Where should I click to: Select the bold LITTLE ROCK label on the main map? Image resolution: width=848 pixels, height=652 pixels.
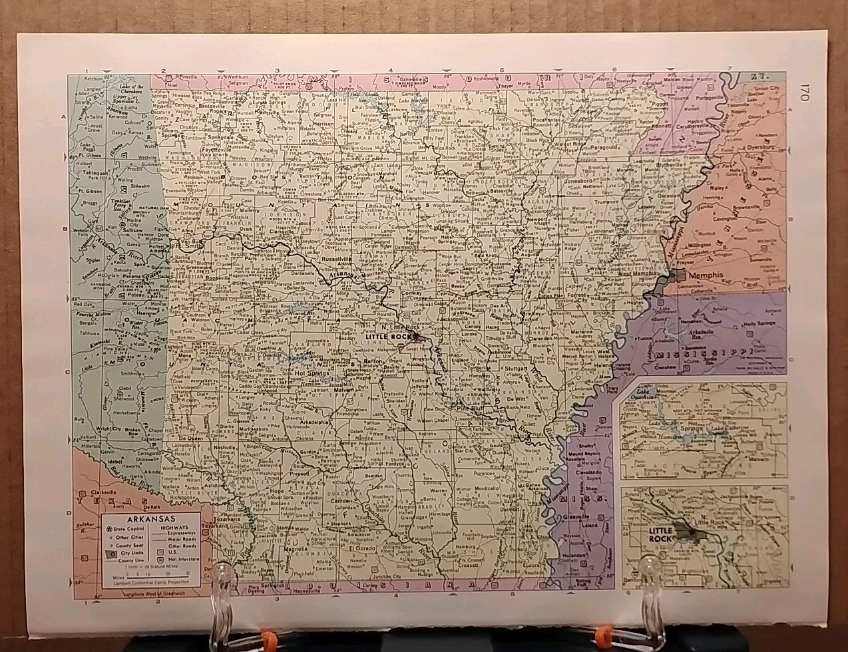391,337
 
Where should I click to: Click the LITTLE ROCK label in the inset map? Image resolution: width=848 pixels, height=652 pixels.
661,534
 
